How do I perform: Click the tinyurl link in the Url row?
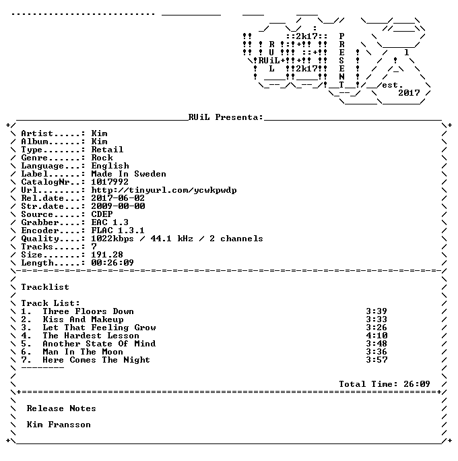click(x=164, y=190)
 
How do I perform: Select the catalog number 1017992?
click(x=110, y=182)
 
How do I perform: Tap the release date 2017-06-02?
click(x=118, y=198)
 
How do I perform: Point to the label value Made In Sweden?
click(x=129, y=174)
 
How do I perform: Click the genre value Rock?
click(x=102, y=158)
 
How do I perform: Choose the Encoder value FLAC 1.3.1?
click(x=118, y=230)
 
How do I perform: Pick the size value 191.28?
click(x=107, y=255)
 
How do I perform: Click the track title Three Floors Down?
click(x=88, y=311)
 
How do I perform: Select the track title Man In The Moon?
click(x=83, y=352)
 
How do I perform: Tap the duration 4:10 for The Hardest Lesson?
click(x=377, y=336)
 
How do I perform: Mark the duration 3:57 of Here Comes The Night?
click(x=377, y=360)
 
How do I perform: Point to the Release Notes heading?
click(x=61, y=408)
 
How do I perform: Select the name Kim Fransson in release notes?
click(x=59, y=425)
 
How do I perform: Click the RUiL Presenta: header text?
click(x=226, y=117)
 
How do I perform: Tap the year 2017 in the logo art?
click(x=409, y=93)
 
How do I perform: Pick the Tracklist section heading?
click(x=45, y=287)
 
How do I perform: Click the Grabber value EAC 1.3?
click(x=110, y=222)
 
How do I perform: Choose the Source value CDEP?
click(x=102, y=214)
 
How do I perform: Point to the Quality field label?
click(x=40, y=239)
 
